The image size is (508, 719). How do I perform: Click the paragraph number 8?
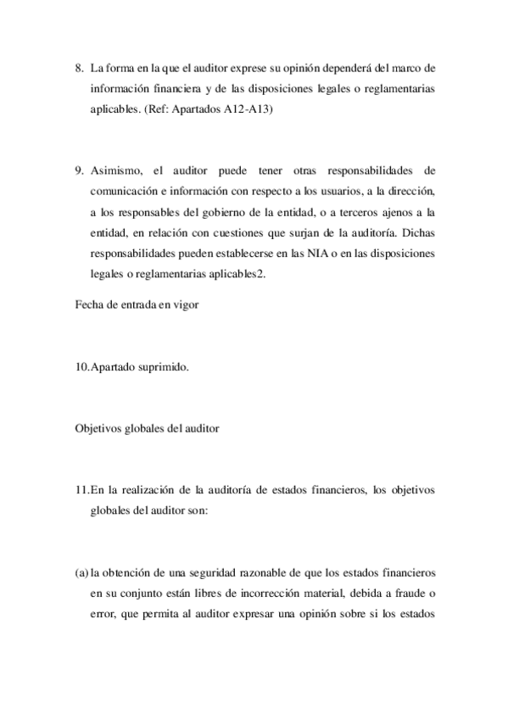pos(79,68)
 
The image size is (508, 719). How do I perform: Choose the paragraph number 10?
pos(82,369)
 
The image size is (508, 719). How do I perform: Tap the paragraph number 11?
pos(82,489)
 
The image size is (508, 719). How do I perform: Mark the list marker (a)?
pos(81,571)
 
